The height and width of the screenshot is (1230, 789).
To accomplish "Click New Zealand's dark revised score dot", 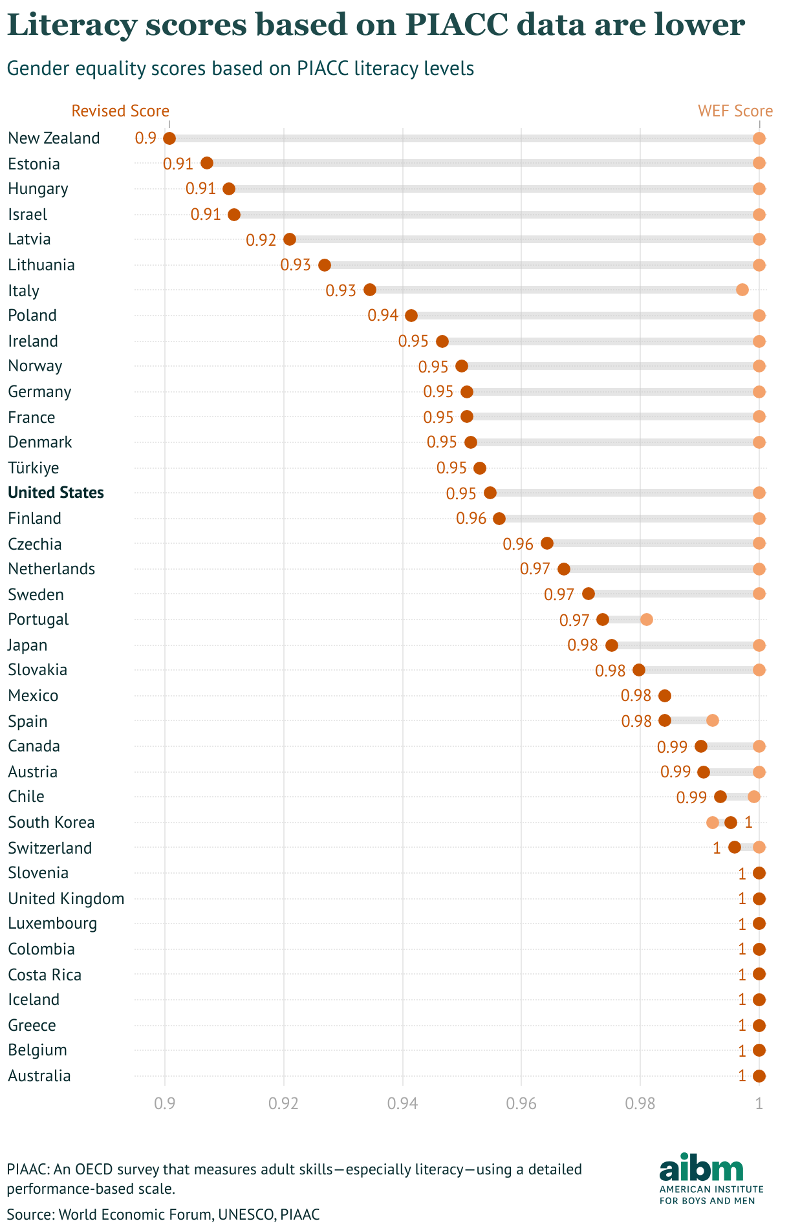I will point(169,138).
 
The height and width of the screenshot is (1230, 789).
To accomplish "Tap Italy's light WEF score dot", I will point(742,290).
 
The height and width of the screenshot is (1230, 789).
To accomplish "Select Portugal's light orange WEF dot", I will point(646,620).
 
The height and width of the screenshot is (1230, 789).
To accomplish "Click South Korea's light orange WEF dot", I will point(712,823).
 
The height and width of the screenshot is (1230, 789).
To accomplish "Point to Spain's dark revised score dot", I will point(664,720).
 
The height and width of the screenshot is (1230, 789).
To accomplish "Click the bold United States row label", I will point(56,493).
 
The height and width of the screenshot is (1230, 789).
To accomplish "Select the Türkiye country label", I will point(33,468).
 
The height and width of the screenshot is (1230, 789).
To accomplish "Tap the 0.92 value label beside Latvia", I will point(261,240).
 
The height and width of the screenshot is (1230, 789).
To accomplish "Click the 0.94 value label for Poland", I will point(383,316).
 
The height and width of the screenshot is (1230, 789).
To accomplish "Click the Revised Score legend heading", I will point(120,111).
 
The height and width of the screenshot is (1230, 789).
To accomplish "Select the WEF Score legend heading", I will point(735,111).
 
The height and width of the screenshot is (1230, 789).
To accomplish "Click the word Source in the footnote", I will point(28,1214).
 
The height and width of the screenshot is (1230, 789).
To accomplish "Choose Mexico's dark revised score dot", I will point(664,696).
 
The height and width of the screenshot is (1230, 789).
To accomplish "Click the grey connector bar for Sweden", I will point(673,594).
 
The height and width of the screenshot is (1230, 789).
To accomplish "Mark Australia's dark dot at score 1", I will point(759,1076).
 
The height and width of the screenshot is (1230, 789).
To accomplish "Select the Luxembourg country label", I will point(52,923).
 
